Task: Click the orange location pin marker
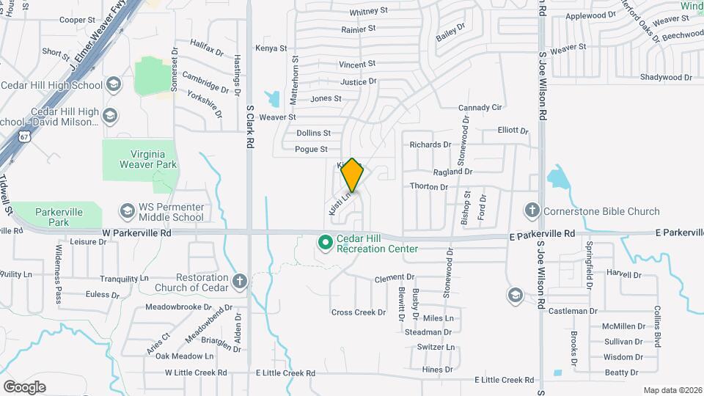pos(353,175)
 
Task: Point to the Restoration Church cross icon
pos(239,281)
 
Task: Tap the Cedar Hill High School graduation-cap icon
pos(113,85)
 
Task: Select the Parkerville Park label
pos(59,217)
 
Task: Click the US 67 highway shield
pos(25,137)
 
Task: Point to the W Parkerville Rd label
pos(136,232)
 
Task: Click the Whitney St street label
pos(368,12)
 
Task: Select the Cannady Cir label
pos(480,108)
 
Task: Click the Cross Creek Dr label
pos(358,312)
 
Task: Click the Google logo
pos(24,386)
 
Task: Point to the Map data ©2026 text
pos(672,390)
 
